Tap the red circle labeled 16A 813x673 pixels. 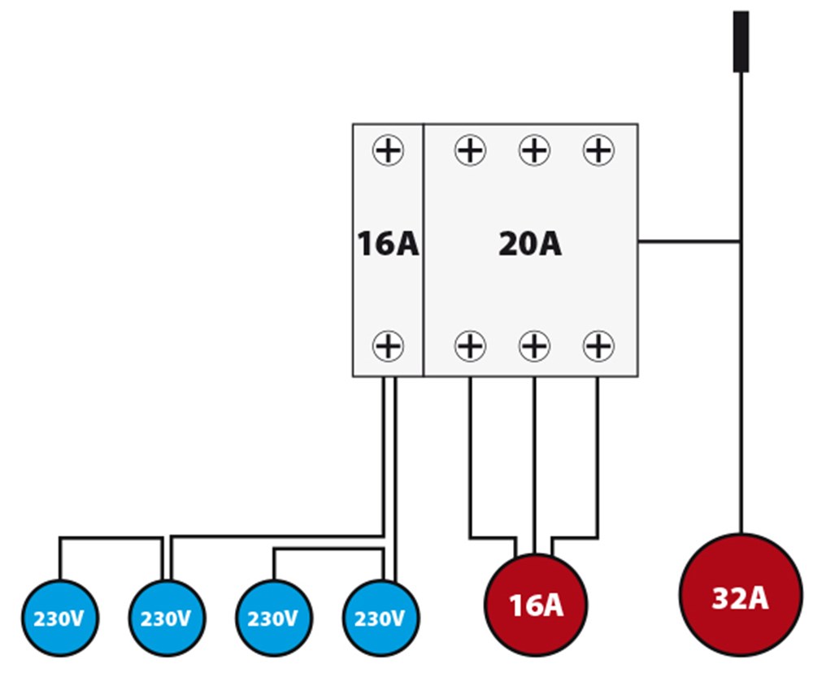tap(535, 604)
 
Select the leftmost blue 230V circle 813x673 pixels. tap(59, 618)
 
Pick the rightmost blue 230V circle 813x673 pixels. tap(380, 618)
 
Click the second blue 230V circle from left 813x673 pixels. tap(166, 618)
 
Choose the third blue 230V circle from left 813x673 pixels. tap(273, 618)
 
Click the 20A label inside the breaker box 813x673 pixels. tap(530, 244)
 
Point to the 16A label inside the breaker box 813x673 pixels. tap(388, 244)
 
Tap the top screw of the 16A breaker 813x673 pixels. tap(388, 150)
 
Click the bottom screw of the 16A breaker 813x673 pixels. tap(388, 346)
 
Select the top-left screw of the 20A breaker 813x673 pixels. tap(469, 150)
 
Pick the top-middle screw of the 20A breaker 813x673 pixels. tap(534, 150)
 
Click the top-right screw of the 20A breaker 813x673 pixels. tap(598, 150)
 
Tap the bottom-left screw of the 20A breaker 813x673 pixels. tap(469, 346)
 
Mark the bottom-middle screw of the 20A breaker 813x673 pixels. tap(534, 346)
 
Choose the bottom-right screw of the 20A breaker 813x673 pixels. tap(598, 346)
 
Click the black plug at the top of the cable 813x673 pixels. tap(741, 41)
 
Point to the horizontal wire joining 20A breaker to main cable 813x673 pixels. tap(689, 241)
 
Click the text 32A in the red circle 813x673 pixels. tap(740, 598)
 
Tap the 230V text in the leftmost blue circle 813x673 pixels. tap(59, 619)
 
